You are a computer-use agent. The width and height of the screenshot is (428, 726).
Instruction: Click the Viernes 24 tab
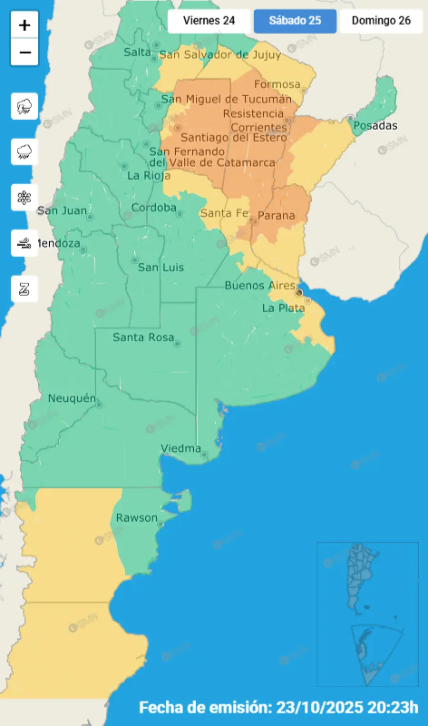tap(209, 21)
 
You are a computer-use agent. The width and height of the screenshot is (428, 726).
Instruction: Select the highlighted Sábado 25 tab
tap(295, 21)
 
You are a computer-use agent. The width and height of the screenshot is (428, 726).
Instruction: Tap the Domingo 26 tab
tap(381, 21)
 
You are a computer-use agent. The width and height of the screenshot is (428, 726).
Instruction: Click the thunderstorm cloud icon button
tap(24, 106)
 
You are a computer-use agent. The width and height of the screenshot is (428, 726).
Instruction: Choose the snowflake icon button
tap(24, 198)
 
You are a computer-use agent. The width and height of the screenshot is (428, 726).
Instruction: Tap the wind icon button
tap(24, 243)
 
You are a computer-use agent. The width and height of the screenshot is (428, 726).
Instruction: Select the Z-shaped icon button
tap(24, 289)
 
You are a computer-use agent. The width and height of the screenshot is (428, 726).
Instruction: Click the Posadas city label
tap(375, 126)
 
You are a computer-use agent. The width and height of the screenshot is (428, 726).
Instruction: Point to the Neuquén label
tap(72, 398)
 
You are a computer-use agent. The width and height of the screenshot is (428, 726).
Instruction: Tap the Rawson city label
tap(136, 517)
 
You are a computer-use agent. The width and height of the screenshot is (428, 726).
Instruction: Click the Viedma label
tap(181, 448)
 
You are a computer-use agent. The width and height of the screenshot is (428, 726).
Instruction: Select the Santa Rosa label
tap(143, 338)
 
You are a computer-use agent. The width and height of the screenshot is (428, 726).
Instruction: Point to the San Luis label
tap(161, 268)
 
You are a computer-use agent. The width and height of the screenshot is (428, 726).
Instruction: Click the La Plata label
tap(283, 308)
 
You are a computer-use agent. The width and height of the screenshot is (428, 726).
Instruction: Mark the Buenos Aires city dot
tap(299, 292)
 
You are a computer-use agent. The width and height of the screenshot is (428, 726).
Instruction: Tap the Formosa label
tap(277, 84)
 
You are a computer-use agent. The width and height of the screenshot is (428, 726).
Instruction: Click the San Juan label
tap(62, 210)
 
